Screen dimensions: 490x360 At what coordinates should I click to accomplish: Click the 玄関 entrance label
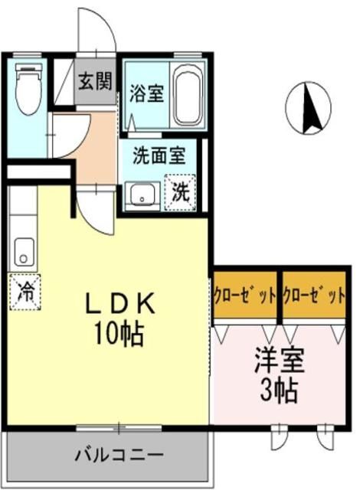[x=95, y=82]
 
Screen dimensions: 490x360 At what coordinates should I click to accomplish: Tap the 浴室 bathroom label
[x=146, y=94]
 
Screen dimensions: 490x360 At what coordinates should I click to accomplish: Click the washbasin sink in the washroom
[x=142, y=194]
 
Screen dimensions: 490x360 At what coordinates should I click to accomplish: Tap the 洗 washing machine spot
[x=181, y=191]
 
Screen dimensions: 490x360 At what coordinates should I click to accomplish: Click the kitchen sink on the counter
[x=25, y=250]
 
